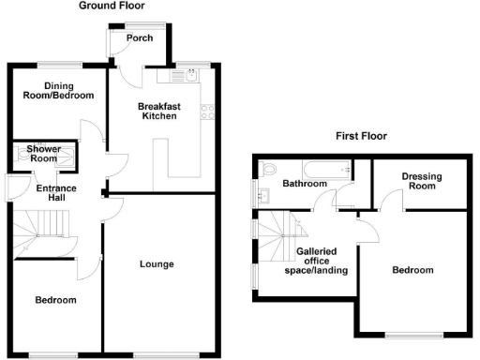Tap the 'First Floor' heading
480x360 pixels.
pos(362,136)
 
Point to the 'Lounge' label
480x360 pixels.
pos(157,264)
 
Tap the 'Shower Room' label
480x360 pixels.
pos(43,154)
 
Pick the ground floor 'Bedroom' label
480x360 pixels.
pos(55,300)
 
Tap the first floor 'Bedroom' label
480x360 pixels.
pos(412,270)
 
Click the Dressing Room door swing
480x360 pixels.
pos(383,198)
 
